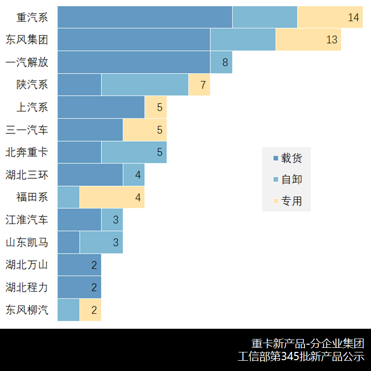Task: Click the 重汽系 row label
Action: coord(32,18)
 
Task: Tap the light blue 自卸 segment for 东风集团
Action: coord(243,40)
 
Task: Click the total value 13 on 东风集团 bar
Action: coord(332,40)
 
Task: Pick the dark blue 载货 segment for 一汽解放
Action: coord(133,62)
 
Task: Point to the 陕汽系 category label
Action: coord(32,85)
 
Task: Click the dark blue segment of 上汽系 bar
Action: coord(101,107)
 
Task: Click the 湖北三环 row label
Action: coord(27,175)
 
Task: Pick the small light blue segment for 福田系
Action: coord(69,197)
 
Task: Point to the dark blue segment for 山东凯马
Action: coord(69,242)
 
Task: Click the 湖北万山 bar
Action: coord(79,265)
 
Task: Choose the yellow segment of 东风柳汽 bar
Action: coord(90,310)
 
